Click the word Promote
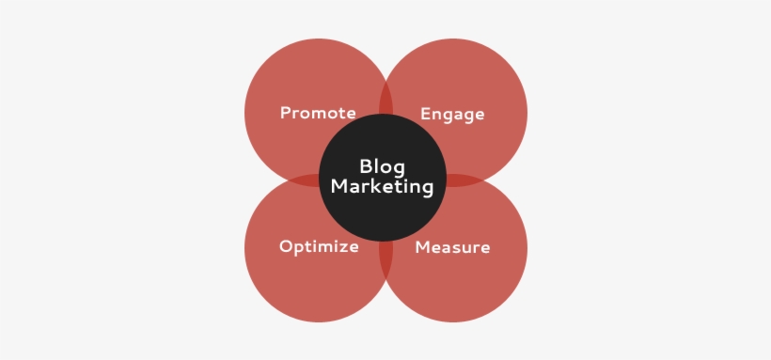(318, 114)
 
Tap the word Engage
(452, 115)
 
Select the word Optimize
(319, 247)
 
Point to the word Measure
(452, 248)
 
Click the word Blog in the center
(382, 166)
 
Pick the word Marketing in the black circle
(382, 187)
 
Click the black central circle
(382, 216)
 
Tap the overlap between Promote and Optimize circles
(306, 180)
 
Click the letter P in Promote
(285, 114)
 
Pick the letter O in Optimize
(285, 247)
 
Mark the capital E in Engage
(425, 114)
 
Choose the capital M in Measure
(422, 248)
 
